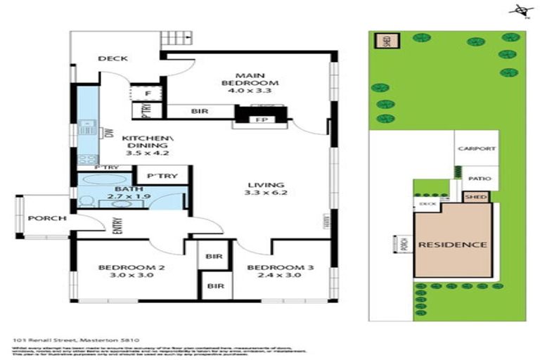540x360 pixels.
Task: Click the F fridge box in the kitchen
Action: click(x=148, y=93)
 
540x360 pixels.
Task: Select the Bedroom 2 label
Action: click(x=122, y=268)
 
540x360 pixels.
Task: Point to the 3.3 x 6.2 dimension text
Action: click(x=257, y=192)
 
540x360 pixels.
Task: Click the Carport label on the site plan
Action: click(x=476, y=149)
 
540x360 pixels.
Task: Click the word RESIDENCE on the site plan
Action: click(x=453, y=245)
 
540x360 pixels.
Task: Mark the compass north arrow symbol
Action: click(x=520, y=10)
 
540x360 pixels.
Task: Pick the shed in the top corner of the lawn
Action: click(x=385, y=41)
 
